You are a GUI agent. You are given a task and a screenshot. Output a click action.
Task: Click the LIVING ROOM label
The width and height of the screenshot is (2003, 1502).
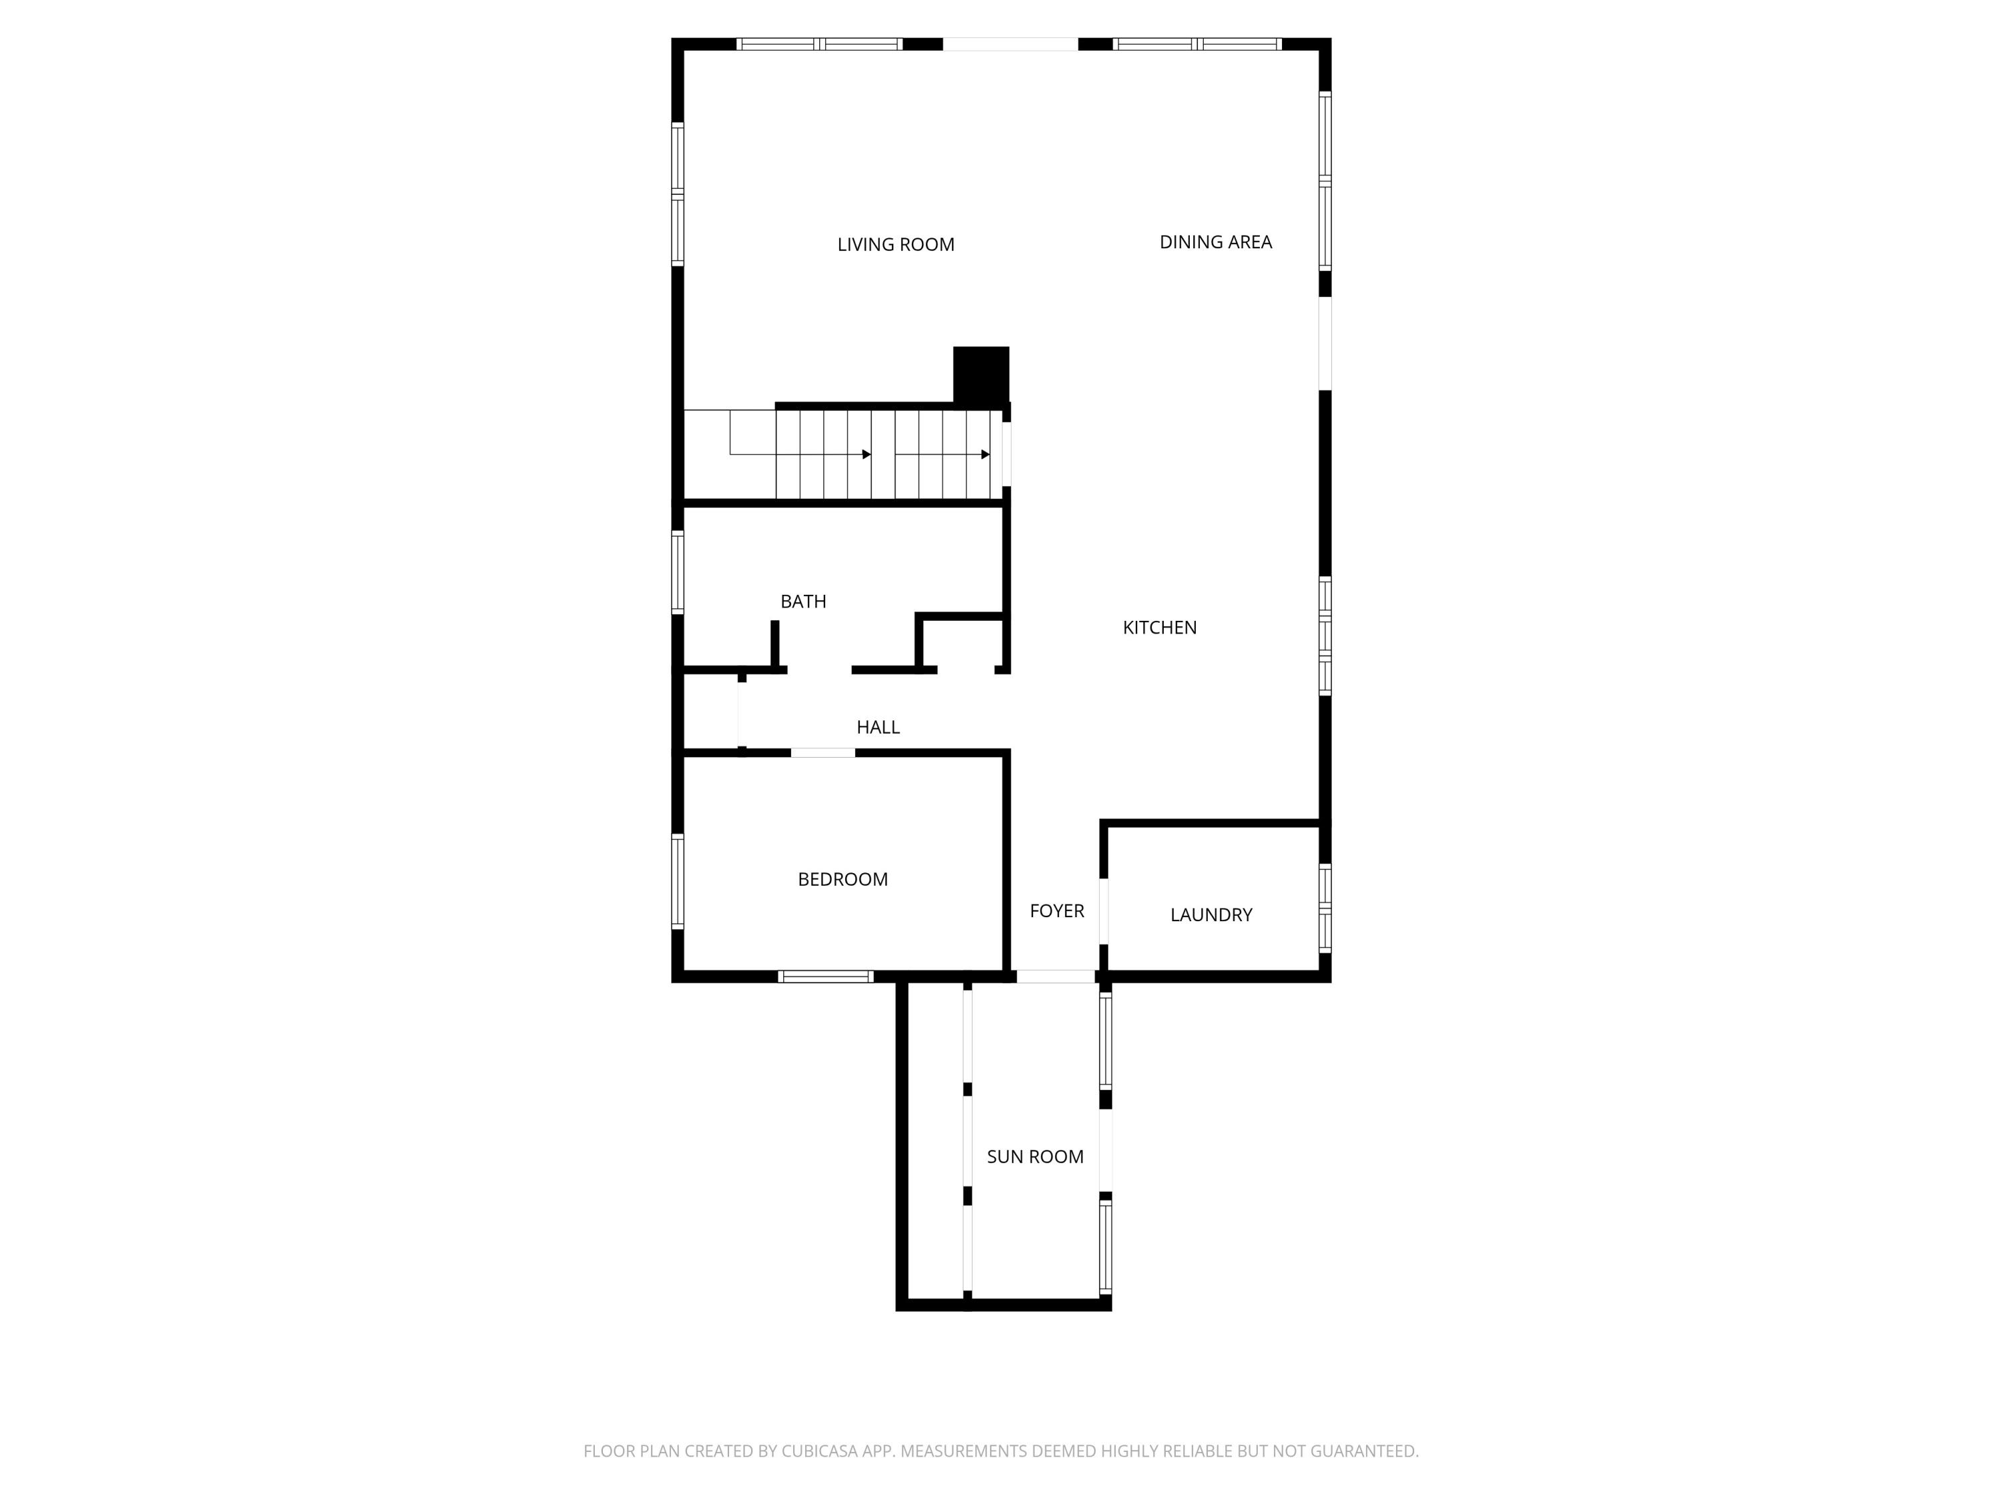[x=895, y=244]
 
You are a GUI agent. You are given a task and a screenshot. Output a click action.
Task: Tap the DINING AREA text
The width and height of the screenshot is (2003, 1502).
[x=1215, y=242]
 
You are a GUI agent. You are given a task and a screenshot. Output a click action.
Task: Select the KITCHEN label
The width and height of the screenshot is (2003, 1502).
[x=1159, y=628]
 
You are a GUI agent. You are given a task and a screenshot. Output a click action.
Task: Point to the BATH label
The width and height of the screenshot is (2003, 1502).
[x=803, y=601]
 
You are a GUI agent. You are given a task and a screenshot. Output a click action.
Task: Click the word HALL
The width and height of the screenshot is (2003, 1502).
[x=877, y=727]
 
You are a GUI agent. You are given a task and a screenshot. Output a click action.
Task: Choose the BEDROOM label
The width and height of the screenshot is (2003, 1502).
[x=842, y=879]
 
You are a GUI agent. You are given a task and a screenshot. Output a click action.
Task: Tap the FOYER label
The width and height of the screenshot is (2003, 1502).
[x=1057, y=911]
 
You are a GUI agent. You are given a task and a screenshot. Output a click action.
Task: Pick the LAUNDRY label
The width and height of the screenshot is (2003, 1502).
[x=1210, y=915]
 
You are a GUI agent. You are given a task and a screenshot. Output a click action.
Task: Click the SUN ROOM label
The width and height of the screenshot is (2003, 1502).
[x=1035, y=1156]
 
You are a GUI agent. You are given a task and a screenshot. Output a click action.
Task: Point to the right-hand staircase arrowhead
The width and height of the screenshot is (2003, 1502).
[x=985, y=455]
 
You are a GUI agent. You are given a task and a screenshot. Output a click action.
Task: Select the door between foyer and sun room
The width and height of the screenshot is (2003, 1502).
[x=1055, y=976]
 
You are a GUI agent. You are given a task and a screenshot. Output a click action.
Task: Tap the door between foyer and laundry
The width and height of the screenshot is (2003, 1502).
[x=1104, y=911]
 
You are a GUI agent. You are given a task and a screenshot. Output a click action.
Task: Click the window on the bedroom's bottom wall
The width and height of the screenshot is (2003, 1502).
[x=825, y=976]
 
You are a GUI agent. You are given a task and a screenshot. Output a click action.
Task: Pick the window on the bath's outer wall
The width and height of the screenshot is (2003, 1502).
[x=677, y=572]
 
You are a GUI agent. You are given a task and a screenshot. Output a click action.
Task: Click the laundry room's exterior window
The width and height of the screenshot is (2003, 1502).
[x=1325, y=908]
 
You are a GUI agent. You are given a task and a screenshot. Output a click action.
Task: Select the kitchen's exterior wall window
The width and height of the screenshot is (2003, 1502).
[x=1325, y=636]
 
